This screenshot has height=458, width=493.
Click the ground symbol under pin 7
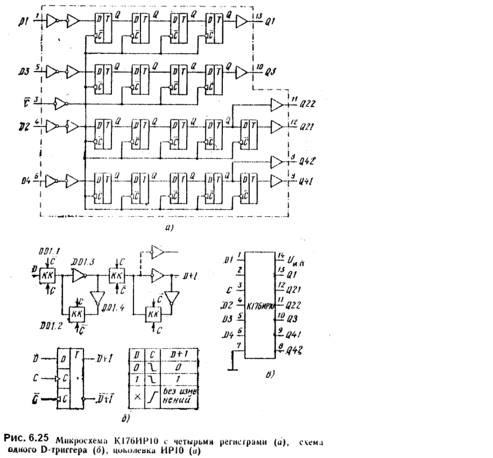click(233, 369)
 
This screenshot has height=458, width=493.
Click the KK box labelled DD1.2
click(74, 315)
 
